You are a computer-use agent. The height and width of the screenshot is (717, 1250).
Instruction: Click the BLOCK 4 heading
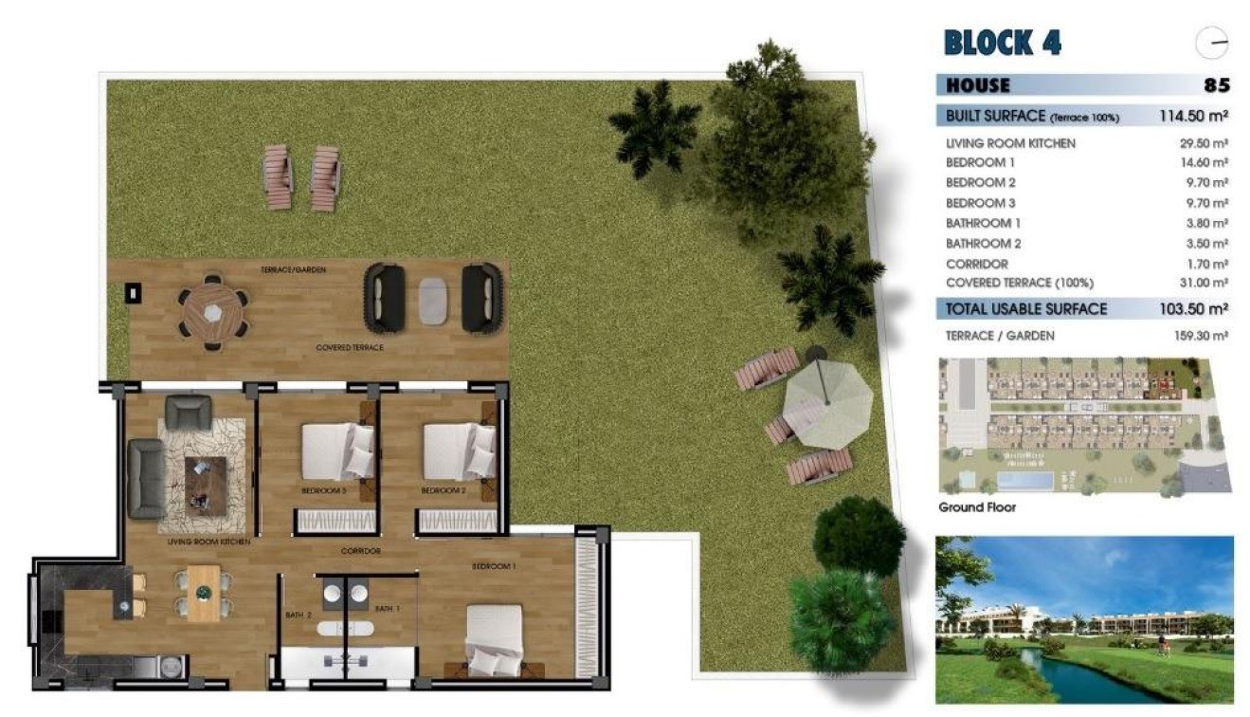pos(1003,43)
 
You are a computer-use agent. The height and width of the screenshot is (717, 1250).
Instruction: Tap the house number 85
pos(1217,85)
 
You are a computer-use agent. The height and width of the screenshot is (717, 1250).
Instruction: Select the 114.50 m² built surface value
pos(1193,117)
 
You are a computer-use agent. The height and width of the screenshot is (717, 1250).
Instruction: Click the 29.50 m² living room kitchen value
pos(1201,143)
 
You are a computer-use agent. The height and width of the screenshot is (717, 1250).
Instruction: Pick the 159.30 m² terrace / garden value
pos(1201,336)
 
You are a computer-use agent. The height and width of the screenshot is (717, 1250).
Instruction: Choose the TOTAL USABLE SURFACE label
pos(1026,309)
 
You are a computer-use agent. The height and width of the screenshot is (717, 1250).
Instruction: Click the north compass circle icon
pos(1213,43)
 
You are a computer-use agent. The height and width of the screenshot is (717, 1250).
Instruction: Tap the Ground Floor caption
pos(976,507)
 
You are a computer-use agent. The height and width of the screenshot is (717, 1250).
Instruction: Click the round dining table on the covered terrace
pos(213,312)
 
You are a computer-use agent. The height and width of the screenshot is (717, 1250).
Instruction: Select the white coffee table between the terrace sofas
pos(433,300)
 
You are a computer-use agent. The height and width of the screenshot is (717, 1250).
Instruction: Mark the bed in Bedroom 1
pos(494,639)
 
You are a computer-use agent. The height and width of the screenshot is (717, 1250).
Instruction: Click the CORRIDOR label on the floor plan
pos(361,551)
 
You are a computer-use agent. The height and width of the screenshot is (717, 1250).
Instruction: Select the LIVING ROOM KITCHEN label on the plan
pos(208,542)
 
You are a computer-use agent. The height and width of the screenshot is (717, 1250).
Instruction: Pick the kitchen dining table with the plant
pos(204,593)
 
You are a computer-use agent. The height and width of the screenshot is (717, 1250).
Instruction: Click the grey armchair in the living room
pos(188,412)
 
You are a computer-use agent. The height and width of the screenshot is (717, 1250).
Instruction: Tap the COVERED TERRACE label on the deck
pos(350,348)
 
